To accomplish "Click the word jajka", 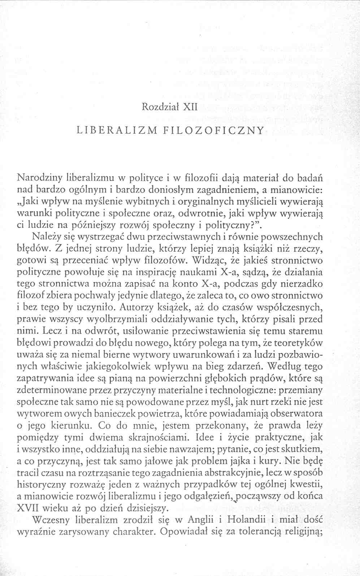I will (x=246, y=461).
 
